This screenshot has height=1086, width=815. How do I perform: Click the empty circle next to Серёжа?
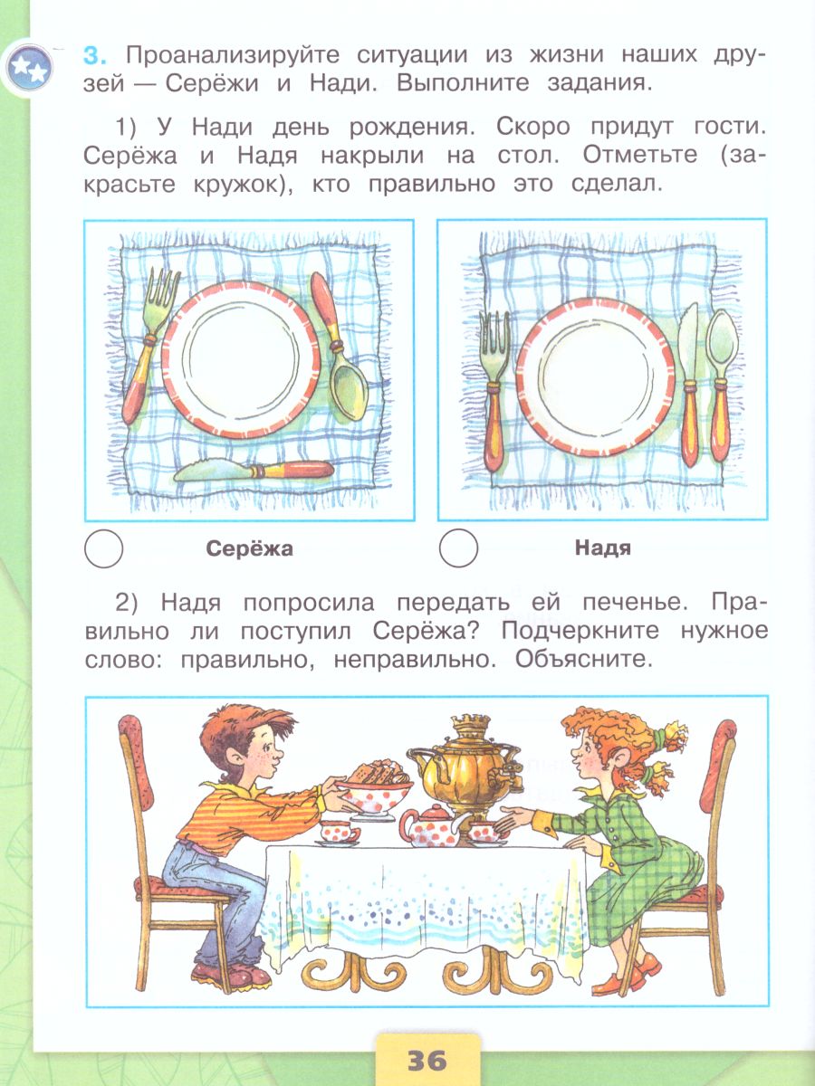click(x=102, y=548)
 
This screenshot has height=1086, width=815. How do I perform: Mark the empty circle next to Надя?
click(x=457, y=548)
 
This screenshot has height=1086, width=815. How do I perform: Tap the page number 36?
click(x=427, y=1059)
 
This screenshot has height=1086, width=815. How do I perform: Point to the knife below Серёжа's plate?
click(x=254, y=471)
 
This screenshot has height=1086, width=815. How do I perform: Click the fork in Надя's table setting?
click(x=494, y=389)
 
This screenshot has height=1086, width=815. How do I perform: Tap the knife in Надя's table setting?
click(x=690, y=385)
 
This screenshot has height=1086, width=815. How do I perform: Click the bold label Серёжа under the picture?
click(x=250, y=548)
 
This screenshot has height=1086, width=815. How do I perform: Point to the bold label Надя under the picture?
click(x=602, y=548)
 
